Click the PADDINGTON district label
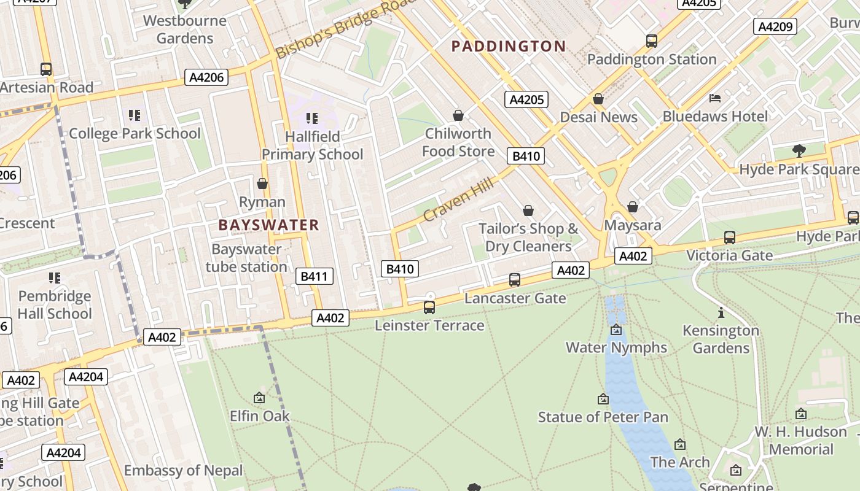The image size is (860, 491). click(508, 46)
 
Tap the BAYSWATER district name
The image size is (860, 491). click(268, 225)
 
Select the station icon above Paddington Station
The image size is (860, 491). click(652, 41)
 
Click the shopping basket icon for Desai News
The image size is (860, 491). click(598, 99)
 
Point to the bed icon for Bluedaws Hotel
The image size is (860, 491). click(714, 98)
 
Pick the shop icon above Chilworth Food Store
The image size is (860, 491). click(458, 115)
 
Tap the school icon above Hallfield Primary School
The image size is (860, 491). click(312, 118)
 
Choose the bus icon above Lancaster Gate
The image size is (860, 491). click(515, 280)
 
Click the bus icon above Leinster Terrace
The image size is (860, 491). click(429, 307)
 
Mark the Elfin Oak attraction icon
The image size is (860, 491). click(259, 398)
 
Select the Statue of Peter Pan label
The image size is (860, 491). click(603, 417)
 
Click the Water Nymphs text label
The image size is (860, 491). click(616, 347)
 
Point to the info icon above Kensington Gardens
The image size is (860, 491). click(721, 313)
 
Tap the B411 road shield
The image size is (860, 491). click(314, 276)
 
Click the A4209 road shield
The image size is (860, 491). click(775, 26)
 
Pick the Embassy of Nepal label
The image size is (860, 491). click(183, 471)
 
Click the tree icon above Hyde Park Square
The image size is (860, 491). click(799, 150)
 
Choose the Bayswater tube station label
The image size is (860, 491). click(246, 258)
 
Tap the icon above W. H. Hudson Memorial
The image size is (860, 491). click(800, 414)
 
